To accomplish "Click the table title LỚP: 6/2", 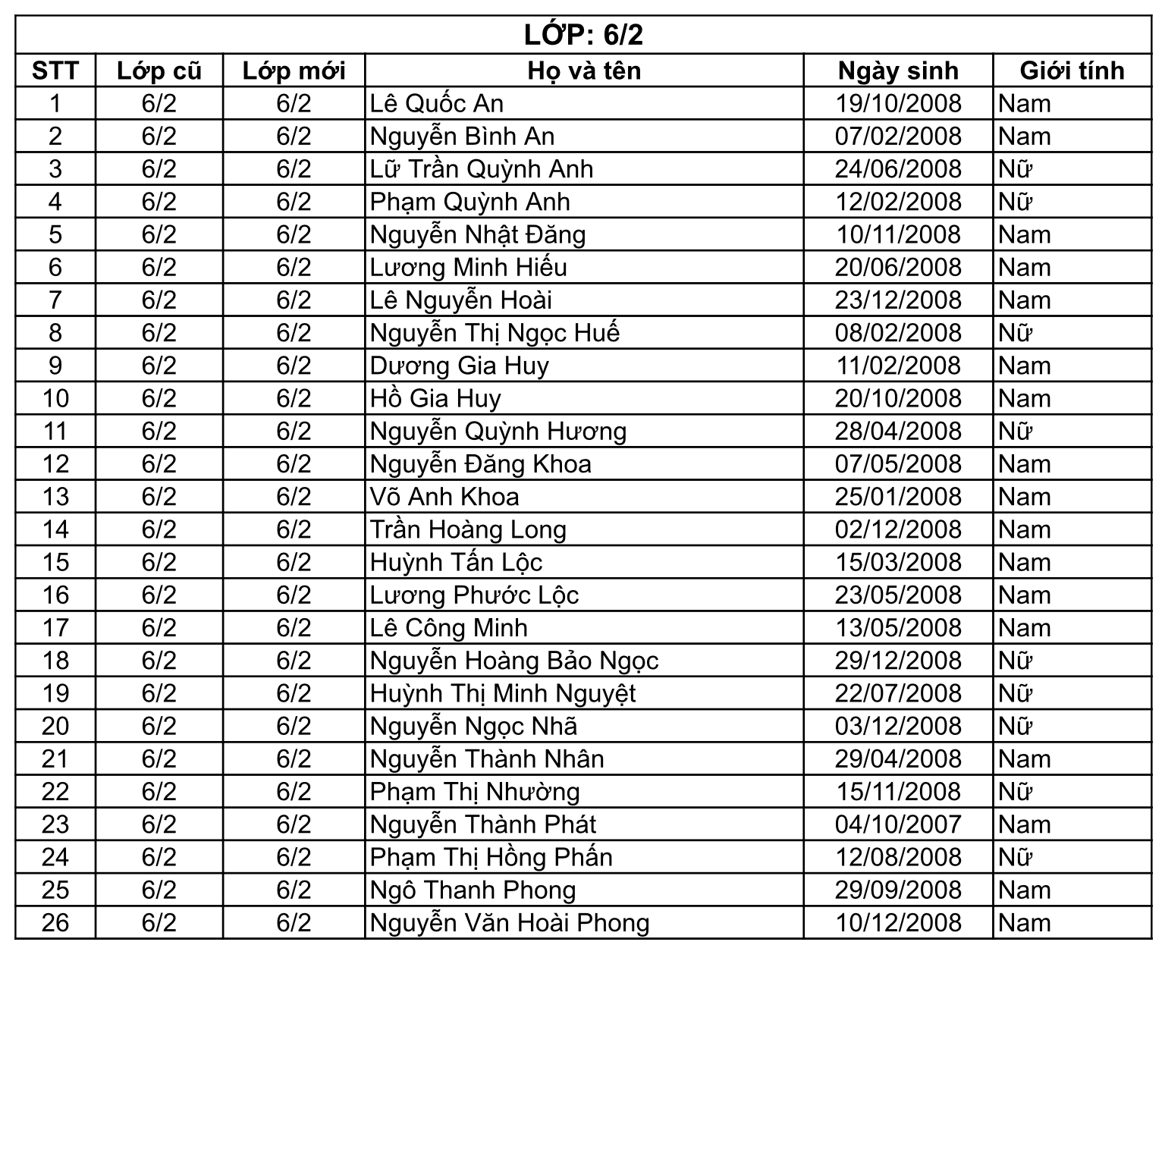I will (582, 35).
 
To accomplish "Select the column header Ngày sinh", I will (898, 71).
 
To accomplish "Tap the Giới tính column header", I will (1072, 71).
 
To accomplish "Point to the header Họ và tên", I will (584, 71).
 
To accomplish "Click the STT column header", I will (55, 71).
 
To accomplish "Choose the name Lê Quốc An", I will (437, 103).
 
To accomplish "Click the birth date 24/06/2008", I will (898, 169).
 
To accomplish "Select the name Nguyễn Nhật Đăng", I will (478, 234).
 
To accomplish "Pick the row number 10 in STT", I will (55, 398).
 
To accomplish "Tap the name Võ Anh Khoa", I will (444, 497).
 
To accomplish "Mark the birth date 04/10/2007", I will (898, 824).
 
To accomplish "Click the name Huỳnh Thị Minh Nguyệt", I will (503, 693).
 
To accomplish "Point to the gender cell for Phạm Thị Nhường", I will (1016, 792).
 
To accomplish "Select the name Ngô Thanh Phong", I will (473, 890).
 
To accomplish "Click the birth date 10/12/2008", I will (898, 923).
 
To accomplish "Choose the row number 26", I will (55, 923).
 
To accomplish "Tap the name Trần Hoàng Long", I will (468, 529).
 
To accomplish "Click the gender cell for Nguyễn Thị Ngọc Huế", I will (1016, 333).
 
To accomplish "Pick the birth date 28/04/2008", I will (898, 431).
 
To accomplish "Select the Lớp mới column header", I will (294, 71).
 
